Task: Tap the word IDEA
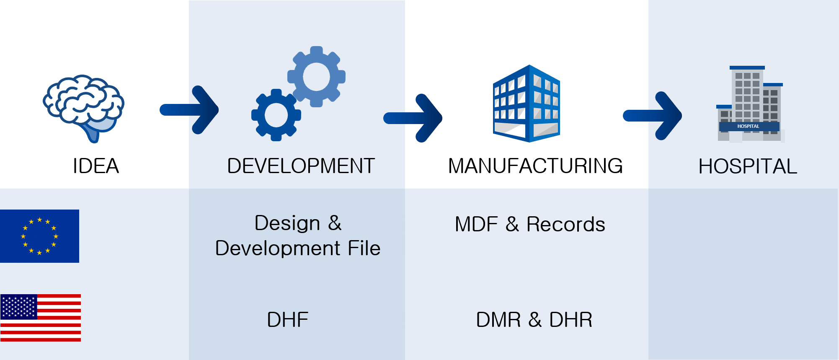tap(96, 166)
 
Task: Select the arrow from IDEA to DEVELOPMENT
tap(189, 110)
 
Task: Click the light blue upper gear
tap(316, 77)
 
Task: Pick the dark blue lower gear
tap(276, 115)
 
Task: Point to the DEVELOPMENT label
tap(301, 166)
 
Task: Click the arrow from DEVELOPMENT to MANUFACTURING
tap(413, 118)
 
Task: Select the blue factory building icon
tap(527, 104)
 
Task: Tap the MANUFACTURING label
tap(535, 166)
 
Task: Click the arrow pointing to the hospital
tap(653, 116)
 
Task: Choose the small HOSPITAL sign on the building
tap(748, 126)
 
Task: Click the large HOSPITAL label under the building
tap(748, 166)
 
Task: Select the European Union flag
tap(39, 236)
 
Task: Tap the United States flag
tap(41, 318)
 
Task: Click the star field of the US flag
tap(19, 307)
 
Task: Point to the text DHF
tap(288, 320)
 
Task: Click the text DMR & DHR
tap(534, 320)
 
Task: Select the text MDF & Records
tap(530, 224)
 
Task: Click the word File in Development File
tap(364, 248)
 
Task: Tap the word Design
tap(287, 223)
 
